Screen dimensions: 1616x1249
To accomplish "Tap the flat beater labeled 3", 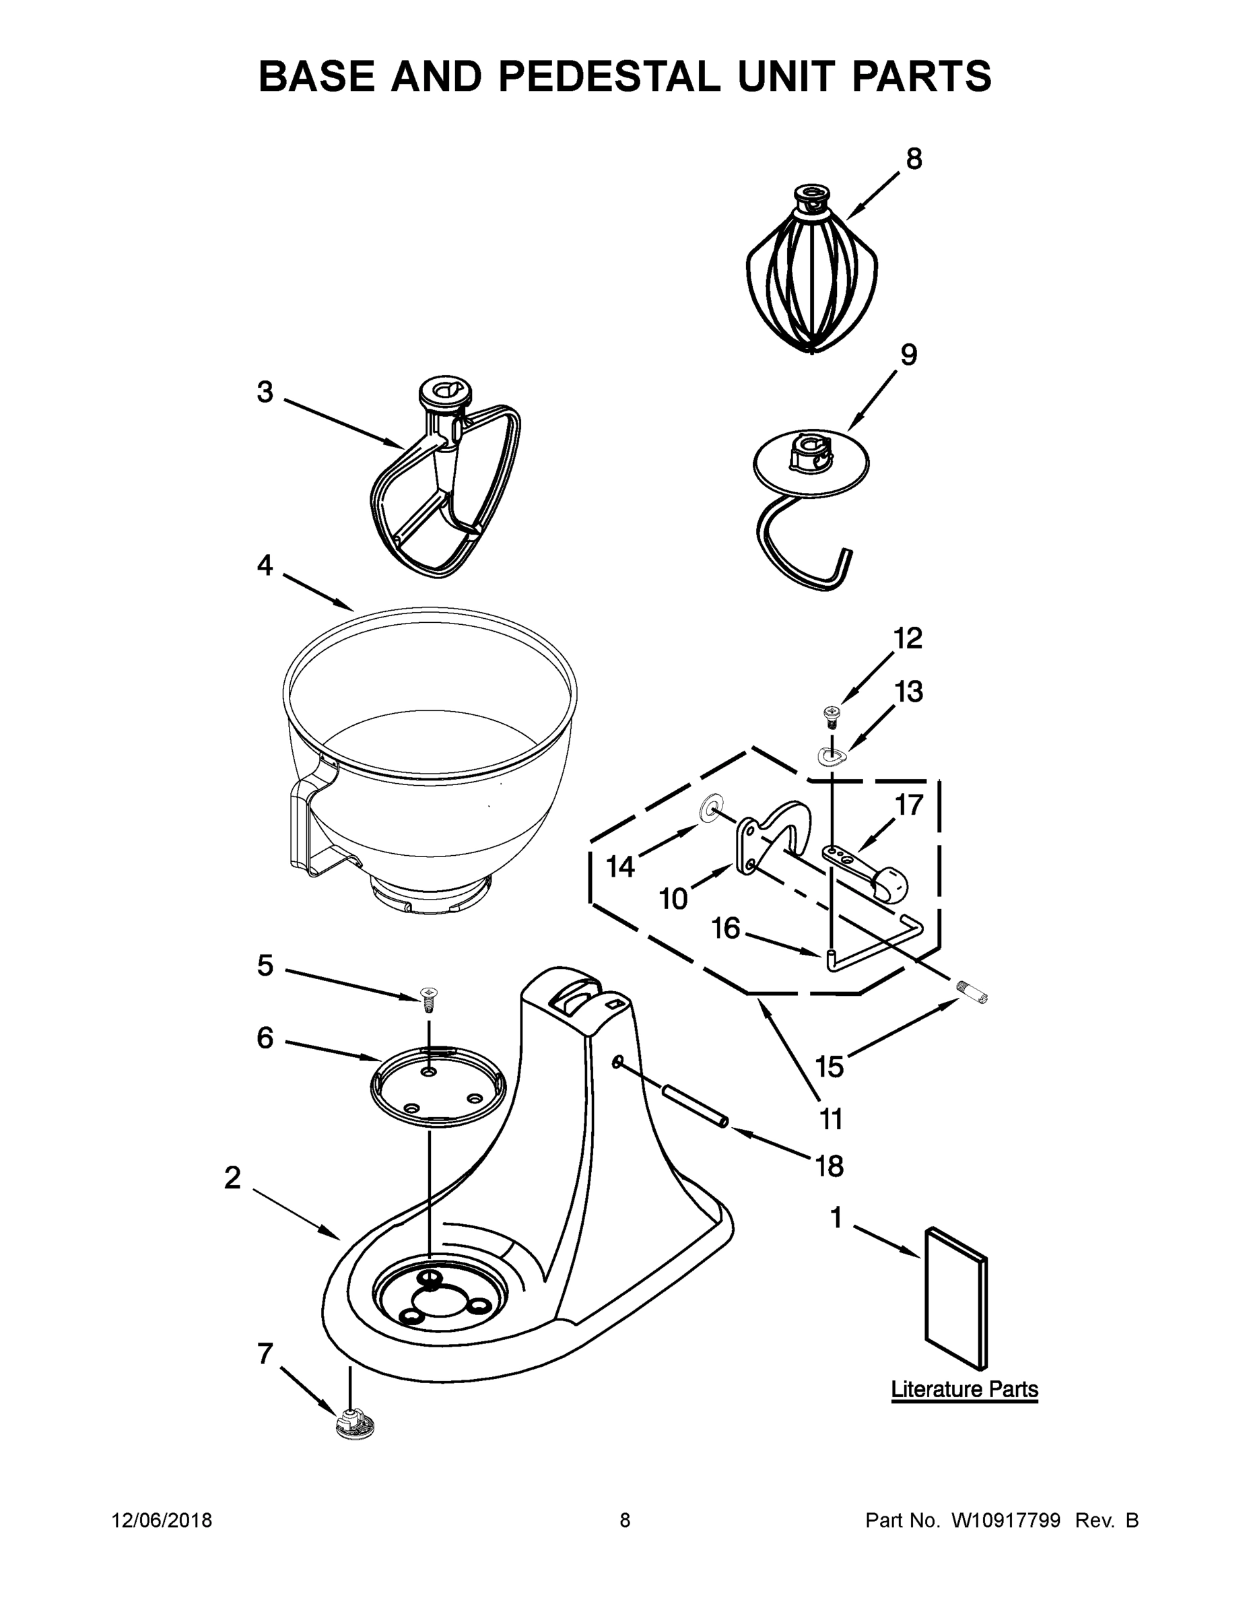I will click(444, 488).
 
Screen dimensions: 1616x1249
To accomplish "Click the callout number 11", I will click(831, 1120).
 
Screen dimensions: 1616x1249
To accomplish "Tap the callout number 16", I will click(725, 928).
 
